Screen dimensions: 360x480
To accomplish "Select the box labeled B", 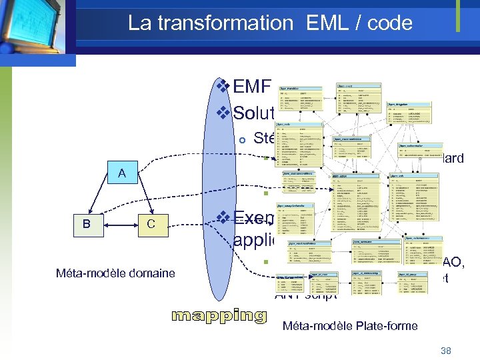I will coord(87,224).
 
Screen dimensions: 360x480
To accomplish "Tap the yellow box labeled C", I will coord(151,224).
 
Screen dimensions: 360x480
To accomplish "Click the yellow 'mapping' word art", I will coord(219,315).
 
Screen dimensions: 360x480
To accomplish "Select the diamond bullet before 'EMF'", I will coord(225,87).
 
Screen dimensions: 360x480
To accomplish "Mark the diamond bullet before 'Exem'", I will coord(225,217).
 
